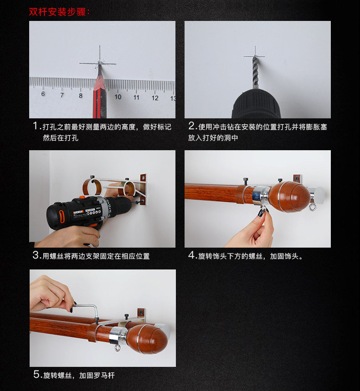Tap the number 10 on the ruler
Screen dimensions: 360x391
coord(118,96)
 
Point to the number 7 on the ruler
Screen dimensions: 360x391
coord(62,95)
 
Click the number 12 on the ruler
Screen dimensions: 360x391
coord(155,98)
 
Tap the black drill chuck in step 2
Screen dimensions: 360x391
coord(256,103)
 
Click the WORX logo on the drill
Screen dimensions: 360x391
coord(78,213)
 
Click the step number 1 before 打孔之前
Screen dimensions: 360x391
coord(36,126)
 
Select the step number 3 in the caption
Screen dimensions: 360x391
coord(36,255)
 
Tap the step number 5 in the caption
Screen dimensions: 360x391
coord(36,374)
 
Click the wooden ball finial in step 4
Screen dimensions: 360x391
coord(290,197)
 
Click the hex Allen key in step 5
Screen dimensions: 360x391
coord(86,310)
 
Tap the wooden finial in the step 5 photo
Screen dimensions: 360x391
coord(148,338)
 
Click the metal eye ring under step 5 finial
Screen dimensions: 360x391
coord(117,348)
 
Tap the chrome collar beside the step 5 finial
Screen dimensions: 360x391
coord(118,335)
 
